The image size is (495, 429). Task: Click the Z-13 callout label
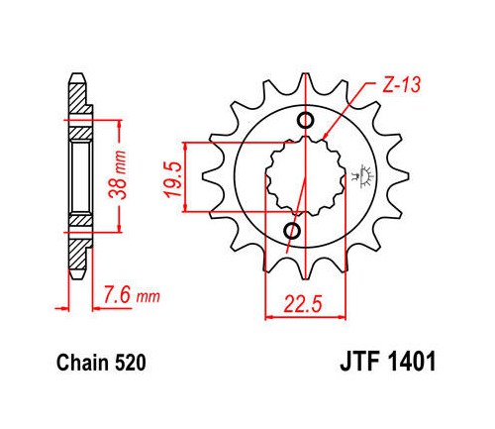[402, 84]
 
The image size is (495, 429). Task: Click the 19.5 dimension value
[173, 180]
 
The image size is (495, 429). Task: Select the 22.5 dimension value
[303, 304]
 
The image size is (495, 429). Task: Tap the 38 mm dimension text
[118, 174]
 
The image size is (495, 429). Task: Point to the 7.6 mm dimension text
[132, 295]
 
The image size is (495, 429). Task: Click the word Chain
[82, 363]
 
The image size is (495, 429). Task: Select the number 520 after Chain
[130, 363]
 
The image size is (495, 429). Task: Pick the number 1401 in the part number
[413, 362]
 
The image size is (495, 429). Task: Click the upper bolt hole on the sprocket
[306, 120]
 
